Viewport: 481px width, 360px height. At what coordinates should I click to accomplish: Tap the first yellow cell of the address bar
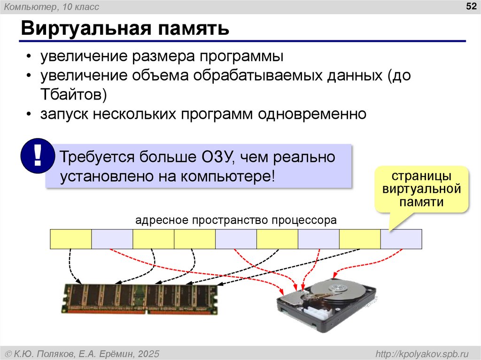(x=70, y=239)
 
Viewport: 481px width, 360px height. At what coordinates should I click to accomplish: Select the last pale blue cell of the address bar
(x=401, y=239)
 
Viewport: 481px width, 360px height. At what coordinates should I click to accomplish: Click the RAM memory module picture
(x=140, y=299)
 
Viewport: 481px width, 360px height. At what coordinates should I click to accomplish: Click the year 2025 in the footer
(x=149, y=353)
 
